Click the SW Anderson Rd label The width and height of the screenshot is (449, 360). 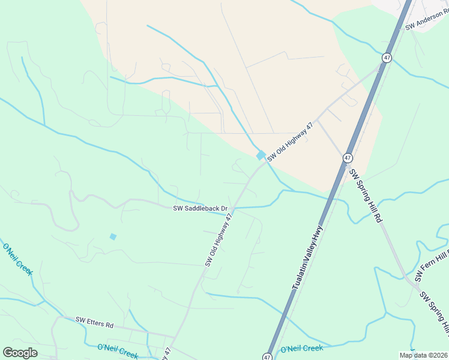[x=427, y=22]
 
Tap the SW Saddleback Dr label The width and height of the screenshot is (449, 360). [x=200, y=209]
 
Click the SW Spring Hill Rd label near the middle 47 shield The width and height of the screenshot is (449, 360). [x=366, y=196]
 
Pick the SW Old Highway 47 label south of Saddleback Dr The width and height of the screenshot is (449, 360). [x=218, y=240]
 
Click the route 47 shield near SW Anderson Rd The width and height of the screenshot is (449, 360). [x=387, y=58]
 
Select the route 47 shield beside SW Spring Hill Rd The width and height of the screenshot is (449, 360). [x=348, y=158]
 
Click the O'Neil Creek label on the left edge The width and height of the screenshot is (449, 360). [x=17, y=259]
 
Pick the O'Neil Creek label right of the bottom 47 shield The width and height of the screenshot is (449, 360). [x=302, y=348]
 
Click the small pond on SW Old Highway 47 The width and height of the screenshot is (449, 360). [x=261, y=155]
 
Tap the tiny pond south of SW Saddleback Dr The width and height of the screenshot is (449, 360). [x=113, y=236]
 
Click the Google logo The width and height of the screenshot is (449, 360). [x=20, y=352]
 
